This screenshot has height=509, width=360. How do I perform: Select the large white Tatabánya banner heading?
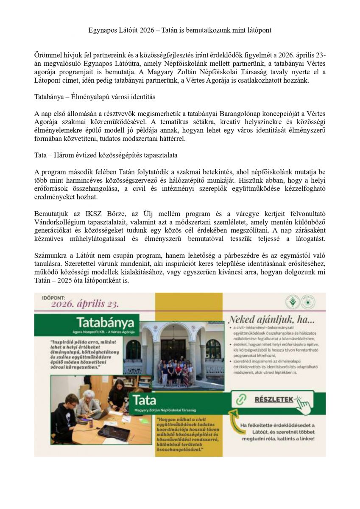pyautogui.click(x=106, y=321)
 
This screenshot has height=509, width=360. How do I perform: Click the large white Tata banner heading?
pyautogui.click(x=145, y=400)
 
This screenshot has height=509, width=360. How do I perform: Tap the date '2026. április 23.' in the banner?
pyautogui.click(x=85, y=304)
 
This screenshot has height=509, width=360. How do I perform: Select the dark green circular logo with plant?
pyautogui.click(x=292, y=302)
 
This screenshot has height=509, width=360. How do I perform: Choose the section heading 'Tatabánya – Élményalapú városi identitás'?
pyautogui.click(x=95, y=97)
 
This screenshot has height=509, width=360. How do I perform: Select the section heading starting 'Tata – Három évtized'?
pyautogui.click(x=106, y=155)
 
